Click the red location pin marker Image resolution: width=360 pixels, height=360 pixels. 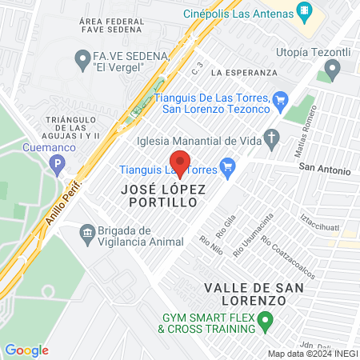180,163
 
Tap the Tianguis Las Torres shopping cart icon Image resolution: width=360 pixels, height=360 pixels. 227,166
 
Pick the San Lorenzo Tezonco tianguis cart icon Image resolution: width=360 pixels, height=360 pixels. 279,99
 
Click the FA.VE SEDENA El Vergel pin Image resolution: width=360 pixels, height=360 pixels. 81,57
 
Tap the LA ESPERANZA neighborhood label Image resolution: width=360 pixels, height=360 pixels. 244,72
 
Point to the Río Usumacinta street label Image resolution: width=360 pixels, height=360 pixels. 253,234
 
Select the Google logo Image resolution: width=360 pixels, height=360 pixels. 26,350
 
